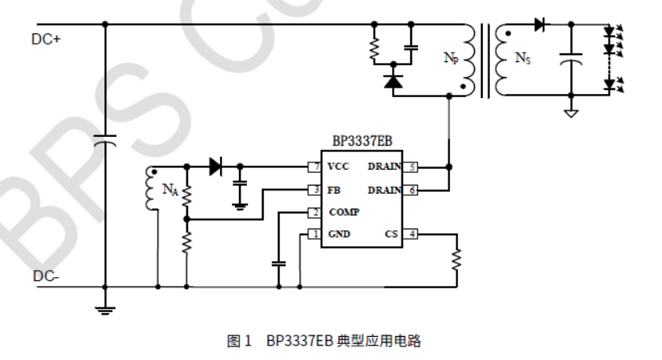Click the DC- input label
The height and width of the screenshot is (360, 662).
pos(45,276)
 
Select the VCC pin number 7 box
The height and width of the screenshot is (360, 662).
pos(315,167)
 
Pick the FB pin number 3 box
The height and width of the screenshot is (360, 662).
pos(315,190)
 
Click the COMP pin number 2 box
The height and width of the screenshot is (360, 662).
pos(315,213)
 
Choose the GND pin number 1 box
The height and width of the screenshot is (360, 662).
pos(315,235)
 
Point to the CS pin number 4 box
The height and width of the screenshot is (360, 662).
pos(412,235)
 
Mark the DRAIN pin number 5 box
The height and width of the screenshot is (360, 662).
pos(412,167)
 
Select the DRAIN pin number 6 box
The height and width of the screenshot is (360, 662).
pos(412,190)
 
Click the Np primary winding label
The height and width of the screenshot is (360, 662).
pos(451,58)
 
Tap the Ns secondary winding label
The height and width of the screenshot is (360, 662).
pos(523,57)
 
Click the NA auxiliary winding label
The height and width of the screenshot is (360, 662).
pos(170,190)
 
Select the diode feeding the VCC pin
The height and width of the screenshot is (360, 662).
pos(215,167)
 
